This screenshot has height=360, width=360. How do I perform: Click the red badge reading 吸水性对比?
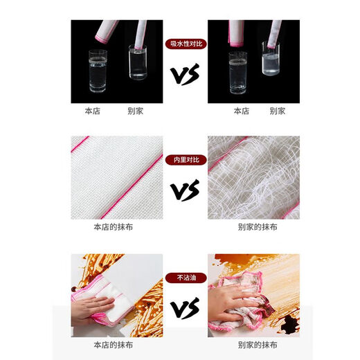(185, 43)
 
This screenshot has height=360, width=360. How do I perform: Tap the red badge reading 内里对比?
(185, 159)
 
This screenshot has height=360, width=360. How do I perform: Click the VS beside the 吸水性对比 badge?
(185, 74)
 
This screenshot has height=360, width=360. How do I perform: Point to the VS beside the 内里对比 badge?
(185, 190)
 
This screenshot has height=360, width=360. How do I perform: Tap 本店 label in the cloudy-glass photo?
(240, 111)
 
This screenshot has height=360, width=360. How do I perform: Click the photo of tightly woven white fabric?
(116, 177)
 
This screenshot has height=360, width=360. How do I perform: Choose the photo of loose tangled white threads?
(253, 177)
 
